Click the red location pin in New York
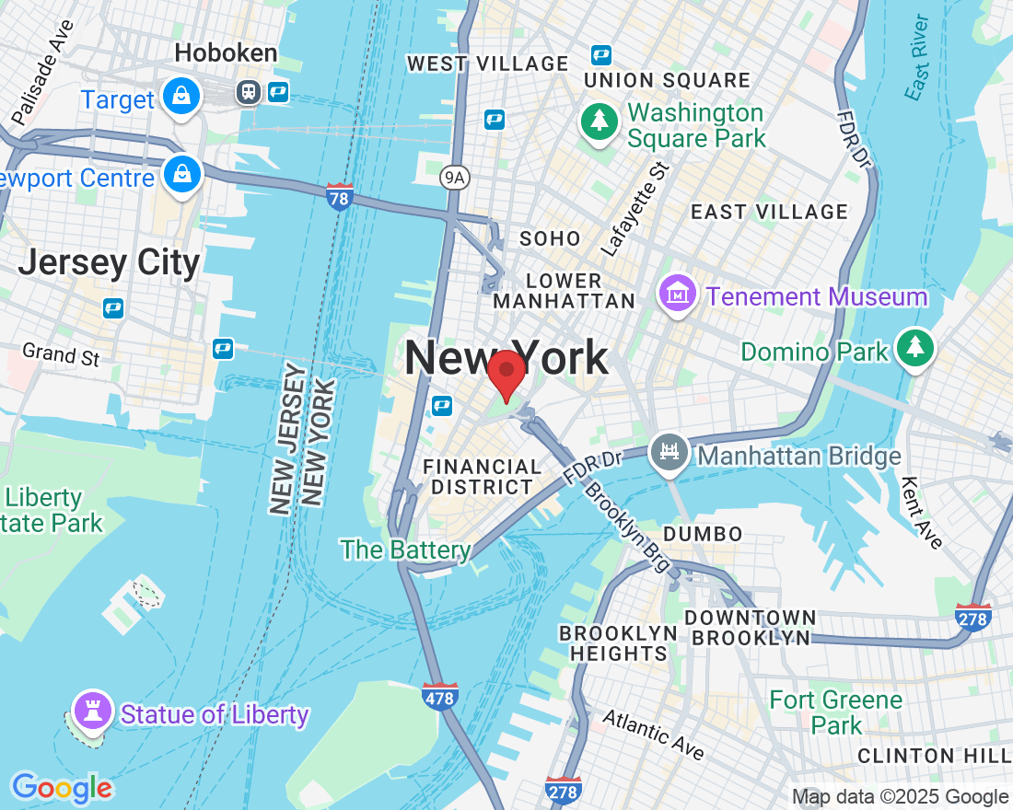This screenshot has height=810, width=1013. [x=506, y=373]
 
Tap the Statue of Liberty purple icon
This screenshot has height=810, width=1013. [x=92, y=712]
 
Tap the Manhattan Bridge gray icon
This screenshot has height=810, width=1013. [x=670, y=454]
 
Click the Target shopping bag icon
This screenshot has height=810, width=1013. [x=180, y=96]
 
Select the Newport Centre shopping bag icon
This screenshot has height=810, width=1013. [x=181, y=175]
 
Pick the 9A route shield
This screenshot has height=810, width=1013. [x=453, y=179]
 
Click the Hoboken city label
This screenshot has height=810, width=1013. [x=226, y=53]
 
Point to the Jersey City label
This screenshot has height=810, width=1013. [x=109, y=263]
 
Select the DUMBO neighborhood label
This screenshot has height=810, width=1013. [x=702, y=534]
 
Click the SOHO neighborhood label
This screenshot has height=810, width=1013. [x=550, y=238]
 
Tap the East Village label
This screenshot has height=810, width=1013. [x=769, y=212]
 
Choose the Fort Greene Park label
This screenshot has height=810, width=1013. [x=836, y=712]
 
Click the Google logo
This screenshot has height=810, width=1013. [x=62, y=788]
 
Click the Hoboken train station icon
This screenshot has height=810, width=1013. [x=248, y=91]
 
